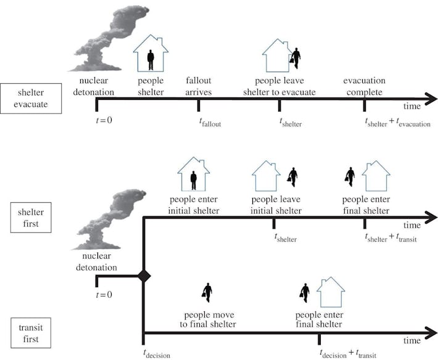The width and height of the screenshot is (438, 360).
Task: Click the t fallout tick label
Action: pos(210,123)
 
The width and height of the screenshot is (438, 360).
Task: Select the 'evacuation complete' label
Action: pos(364,86)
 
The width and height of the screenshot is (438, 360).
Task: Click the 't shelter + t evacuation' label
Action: pos(398,123)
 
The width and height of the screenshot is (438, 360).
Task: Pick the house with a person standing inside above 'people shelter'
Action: pos(151,55)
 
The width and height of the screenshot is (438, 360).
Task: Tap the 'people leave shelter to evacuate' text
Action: pos(285,86)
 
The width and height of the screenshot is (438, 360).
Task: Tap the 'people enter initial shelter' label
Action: pos(194,205)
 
